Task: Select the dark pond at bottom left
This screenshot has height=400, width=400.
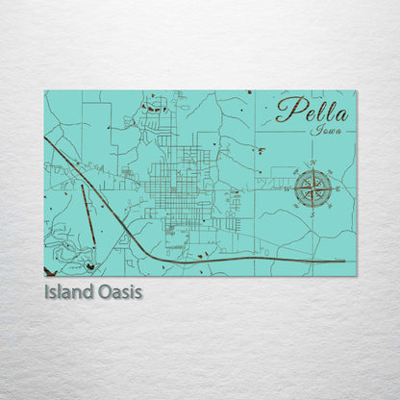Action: (x=89, y=266)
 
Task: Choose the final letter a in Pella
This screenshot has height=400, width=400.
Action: (x=343, y=112)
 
